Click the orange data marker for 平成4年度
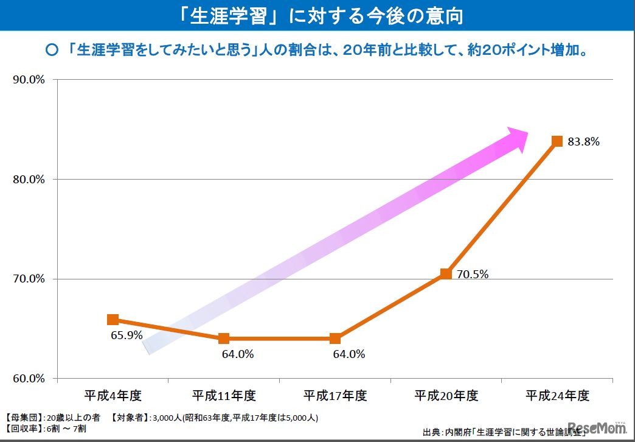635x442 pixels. [113, 320]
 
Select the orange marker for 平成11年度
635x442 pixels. [224, 339]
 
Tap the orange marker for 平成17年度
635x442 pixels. [335, 339]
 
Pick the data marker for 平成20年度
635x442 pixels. [446, 273]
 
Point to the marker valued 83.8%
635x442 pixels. [557, 141]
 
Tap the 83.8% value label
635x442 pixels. [584, 142]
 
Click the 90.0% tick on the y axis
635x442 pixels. [29, 80]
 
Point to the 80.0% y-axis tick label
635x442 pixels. [29, 180]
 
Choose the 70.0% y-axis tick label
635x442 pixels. [29, 279]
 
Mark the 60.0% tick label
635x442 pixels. [29, 379]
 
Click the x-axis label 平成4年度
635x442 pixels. [113, 396]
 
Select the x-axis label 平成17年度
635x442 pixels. [335, 396]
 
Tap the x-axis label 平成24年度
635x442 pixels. [558, 396]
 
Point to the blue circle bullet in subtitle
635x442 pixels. [52, 51]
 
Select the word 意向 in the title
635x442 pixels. [443, 15]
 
